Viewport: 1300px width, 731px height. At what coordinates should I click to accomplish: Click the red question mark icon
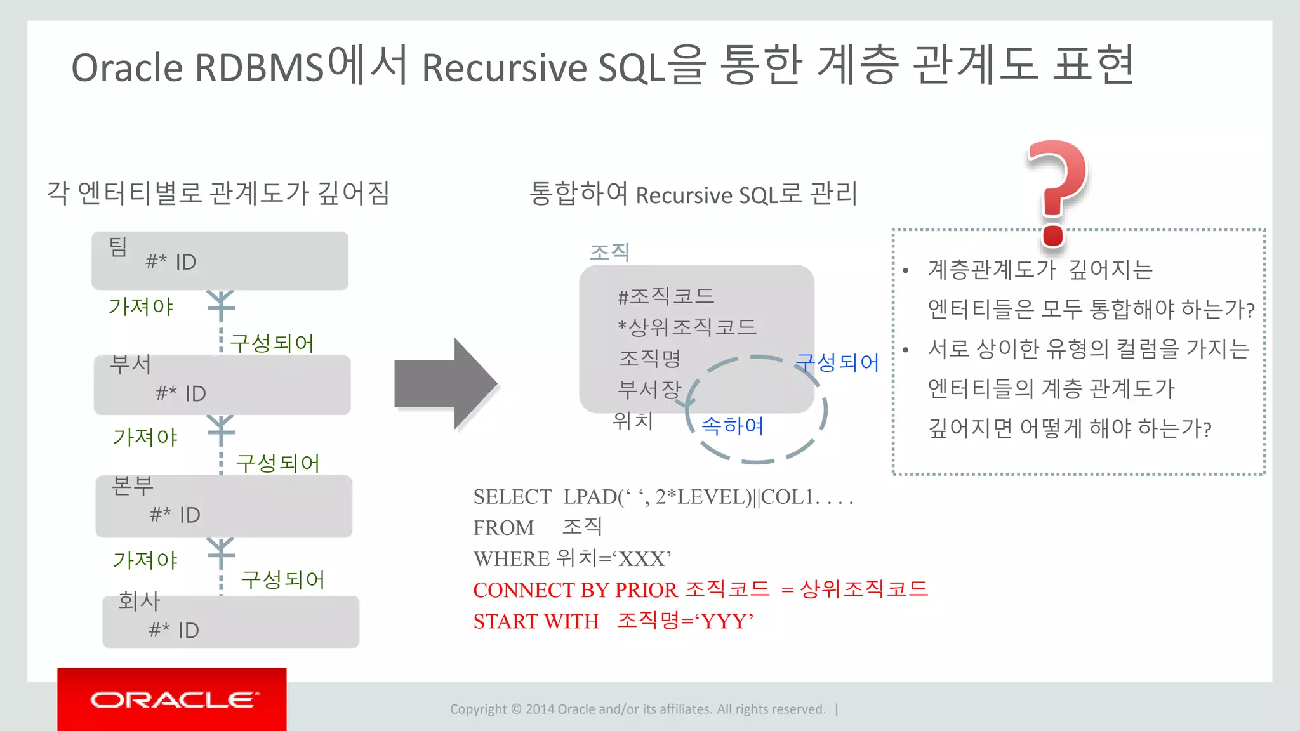click(1056, 190)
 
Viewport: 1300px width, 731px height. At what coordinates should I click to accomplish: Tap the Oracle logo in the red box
click(175, 699)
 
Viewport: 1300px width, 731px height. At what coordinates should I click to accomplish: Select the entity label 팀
click(119, 247)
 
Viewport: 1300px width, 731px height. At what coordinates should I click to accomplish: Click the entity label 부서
click(131, 364)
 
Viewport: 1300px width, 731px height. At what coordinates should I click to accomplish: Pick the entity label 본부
click(133, 485)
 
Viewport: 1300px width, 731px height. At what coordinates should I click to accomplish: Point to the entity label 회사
click(139, 600)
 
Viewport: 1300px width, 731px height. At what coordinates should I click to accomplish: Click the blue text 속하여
click(733, 425)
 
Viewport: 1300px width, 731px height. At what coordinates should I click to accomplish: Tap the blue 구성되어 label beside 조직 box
click(837, 362)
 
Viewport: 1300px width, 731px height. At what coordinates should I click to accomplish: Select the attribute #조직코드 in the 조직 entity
click(666, 296)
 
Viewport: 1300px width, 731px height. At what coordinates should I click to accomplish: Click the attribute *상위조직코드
click(687, 327)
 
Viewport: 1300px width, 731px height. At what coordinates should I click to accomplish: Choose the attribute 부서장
click(649, 389)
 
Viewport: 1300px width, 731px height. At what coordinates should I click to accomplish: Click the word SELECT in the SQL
click(512, 497)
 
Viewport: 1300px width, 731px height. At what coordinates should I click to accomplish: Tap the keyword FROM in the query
click(503, 528)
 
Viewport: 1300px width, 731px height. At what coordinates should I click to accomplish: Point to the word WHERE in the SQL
click(512, 559)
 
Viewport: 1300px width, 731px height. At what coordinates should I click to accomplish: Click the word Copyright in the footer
click(478, 709)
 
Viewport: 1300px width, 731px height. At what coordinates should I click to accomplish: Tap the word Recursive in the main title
click(504, 67)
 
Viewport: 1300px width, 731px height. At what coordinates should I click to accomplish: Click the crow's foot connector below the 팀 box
click(221, 304)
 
